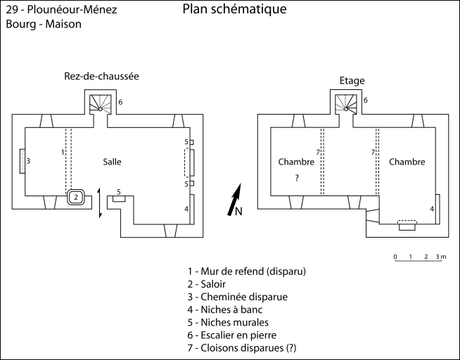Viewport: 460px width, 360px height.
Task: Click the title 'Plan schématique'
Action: (234, 10)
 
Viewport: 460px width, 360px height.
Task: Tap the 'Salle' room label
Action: (112, 162)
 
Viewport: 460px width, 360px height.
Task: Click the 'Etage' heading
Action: (352, 81)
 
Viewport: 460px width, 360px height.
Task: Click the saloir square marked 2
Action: (76, 198)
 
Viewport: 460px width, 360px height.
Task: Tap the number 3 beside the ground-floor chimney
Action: (28, 161)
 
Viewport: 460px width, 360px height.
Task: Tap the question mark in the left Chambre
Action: (297, 179)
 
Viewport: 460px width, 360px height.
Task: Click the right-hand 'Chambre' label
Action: (407, 162)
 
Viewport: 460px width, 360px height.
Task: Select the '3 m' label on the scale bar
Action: (440, 257)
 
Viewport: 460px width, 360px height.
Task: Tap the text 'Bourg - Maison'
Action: (44, 24)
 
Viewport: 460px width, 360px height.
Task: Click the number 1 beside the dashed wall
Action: (63, 152)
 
